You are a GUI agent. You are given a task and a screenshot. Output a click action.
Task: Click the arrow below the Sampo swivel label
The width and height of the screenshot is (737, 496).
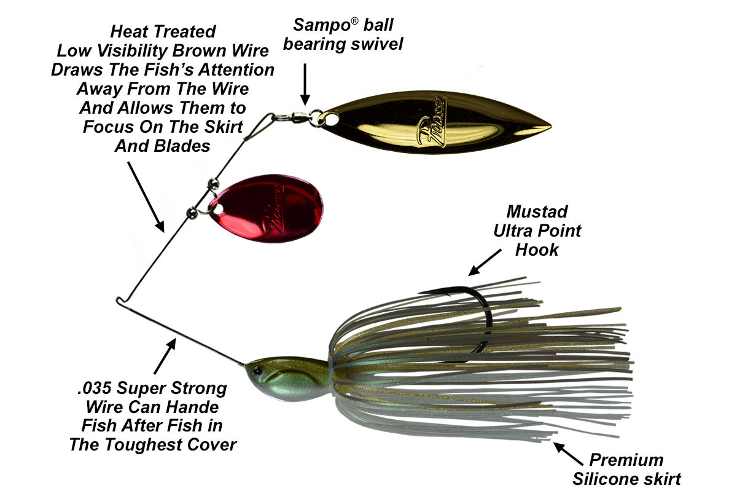305,85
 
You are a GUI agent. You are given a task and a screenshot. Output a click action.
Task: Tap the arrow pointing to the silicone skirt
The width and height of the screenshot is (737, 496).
568,453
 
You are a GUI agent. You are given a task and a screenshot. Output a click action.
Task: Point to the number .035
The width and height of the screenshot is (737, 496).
96,388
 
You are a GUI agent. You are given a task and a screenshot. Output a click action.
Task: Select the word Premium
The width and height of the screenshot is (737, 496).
626,460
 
